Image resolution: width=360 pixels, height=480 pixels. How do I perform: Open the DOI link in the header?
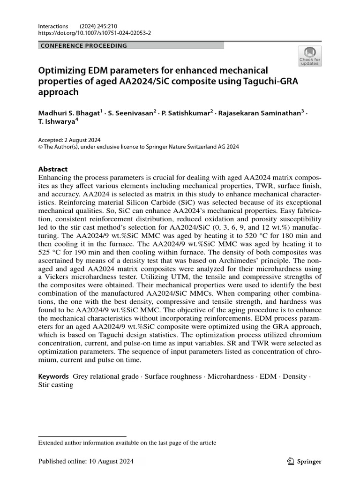pos(94,34)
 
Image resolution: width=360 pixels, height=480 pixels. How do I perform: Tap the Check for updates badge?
pos(310,56)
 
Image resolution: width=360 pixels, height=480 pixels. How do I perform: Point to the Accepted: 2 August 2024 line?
pos(69,140)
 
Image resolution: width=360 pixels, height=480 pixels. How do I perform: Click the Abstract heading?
pos(52,169)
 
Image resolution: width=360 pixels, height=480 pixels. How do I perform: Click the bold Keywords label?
pos(53,376)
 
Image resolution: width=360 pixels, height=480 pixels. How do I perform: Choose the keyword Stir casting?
pos(56,385)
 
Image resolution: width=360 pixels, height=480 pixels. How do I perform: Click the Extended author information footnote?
pos(127,442)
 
